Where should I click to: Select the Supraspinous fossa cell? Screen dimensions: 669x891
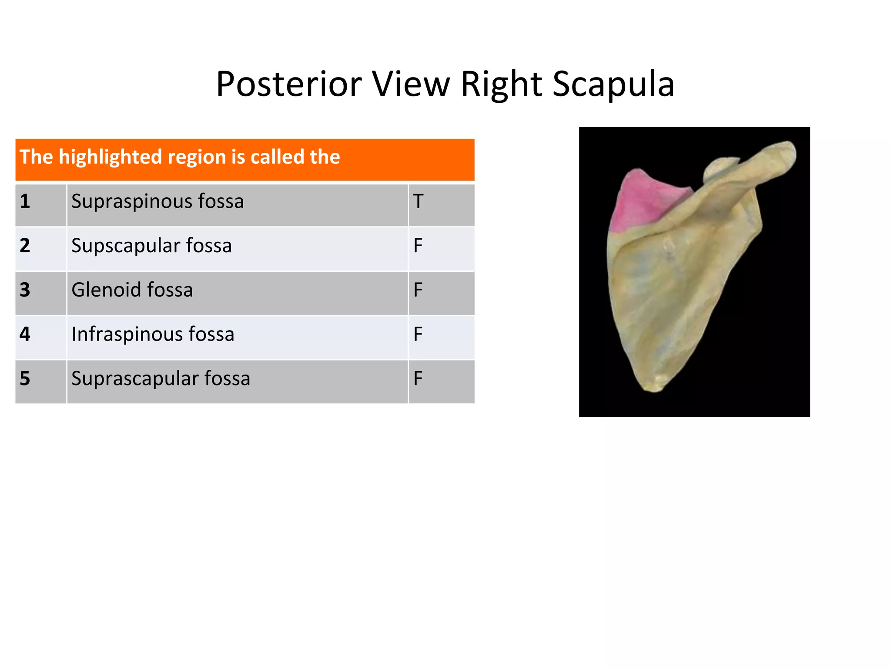point(157,202)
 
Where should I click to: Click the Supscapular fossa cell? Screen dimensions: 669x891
point(151,246)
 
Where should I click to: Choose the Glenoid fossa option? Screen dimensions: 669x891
point(132,290)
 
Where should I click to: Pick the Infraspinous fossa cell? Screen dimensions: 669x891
point(153,334)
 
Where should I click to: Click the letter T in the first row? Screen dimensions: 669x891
point(418,202)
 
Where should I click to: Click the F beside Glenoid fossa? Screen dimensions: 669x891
point(418,290)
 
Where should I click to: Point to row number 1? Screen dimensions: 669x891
point(25,202)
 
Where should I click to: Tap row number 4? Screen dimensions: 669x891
point(25,334)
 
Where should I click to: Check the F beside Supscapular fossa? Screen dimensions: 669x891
point(418,246)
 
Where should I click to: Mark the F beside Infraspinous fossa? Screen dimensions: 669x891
point(418,334)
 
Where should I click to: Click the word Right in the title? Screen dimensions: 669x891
point(501,84)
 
